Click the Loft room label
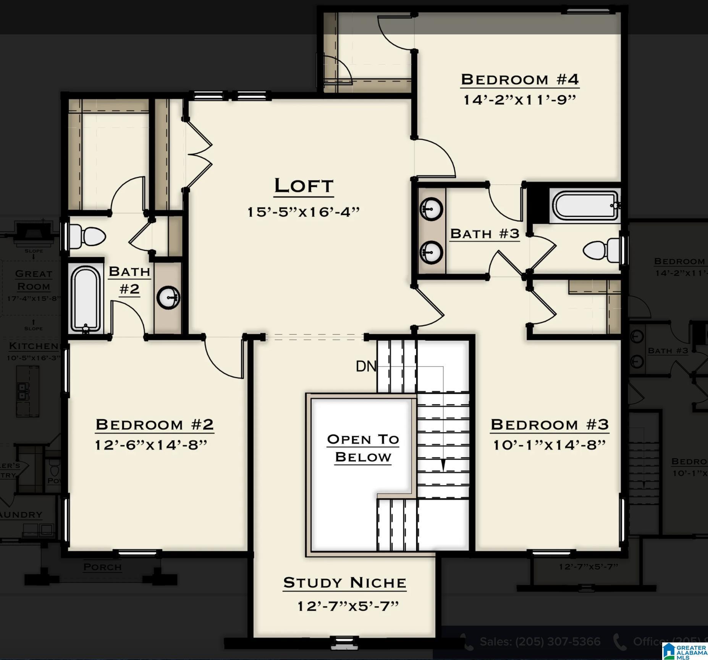tap(304, 186)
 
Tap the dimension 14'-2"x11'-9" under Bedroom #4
tap(519, 100)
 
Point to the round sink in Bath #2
tap(168, 297)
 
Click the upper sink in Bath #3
tap(432, 209)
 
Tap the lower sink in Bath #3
tap(432, 252)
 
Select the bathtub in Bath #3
tap(586, 205)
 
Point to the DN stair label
tap(365, 367)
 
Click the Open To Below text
tap(363, 448)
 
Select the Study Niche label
tap(344, 583)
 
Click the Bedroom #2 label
tap(155, 425)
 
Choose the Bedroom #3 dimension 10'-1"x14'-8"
tap(550, 445)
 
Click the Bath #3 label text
tap(485, 234)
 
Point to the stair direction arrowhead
tap(443, 465)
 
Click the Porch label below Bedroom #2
tap(102, 567)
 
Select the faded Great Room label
tap(34, 280)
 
